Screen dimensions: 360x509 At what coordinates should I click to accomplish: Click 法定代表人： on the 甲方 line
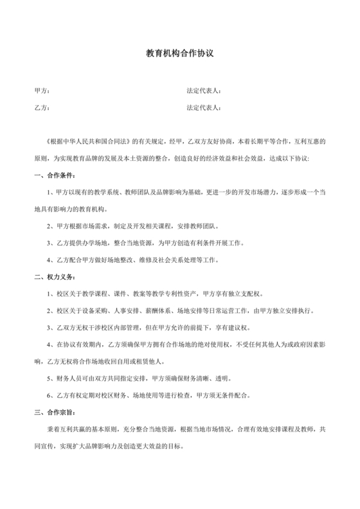point(204,91)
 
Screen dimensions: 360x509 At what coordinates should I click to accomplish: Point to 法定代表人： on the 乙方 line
point(204,108)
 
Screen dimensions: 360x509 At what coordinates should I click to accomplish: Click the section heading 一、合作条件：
point(55,175)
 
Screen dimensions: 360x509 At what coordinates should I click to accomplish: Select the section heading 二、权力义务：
point(55,277)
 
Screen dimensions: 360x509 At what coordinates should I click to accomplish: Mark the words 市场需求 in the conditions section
point(105,226)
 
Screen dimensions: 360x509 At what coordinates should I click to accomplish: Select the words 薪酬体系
point(158,310)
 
